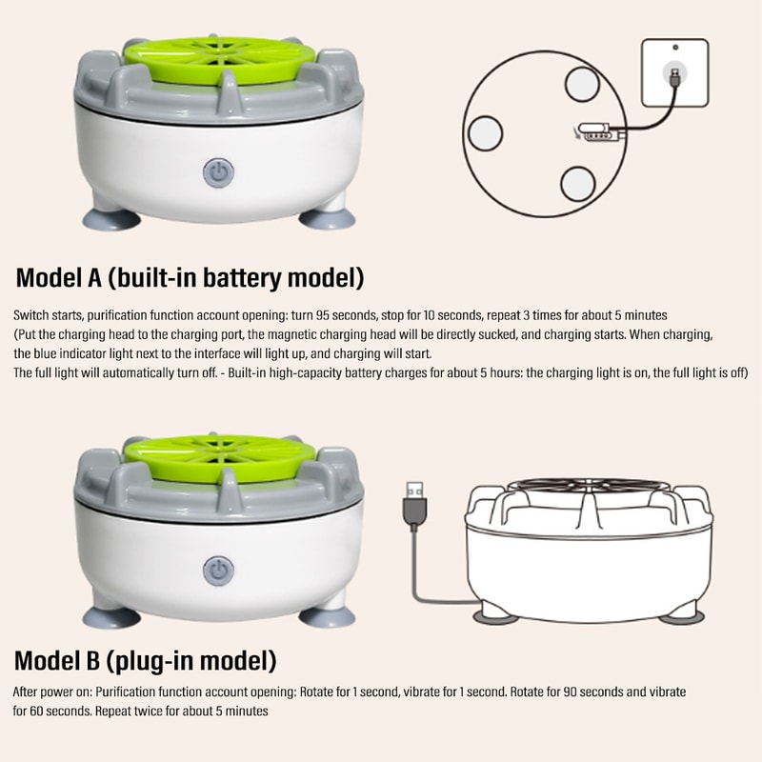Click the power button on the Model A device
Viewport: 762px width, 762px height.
pyautogui.click(x=218, y=173)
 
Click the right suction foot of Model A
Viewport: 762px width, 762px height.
pyautogui.click(x=326, y=218)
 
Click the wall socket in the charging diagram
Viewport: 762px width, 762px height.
pyautogui.click(x=674, y=72)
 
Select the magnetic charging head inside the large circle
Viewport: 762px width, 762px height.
pyautogui.click(x=595, y=132)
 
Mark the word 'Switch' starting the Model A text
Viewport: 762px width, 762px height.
pyautogui.click(x=31, y=314)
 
